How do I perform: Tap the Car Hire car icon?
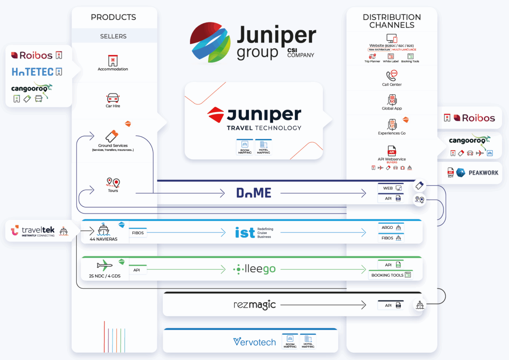(113, 98)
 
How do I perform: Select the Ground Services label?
(113, 146)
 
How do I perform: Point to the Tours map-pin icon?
(113, 183)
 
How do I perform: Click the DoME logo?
(254, 193)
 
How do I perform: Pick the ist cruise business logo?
(254, 233)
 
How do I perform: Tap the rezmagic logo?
(255, 305)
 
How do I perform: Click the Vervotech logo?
(255, 342)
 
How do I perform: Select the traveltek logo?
(33, 231)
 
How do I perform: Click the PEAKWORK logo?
(477, 172)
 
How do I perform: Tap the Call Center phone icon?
(392, 76)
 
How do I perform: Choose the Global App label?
(392, 108)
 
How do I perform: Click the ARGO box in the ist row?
(391, 228)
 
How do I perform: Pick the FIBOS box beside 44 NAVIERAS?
(138, 233)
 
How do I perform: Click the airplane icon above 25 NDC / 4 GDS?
(104, 266)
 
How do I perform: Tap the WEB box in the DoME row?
(391, 188)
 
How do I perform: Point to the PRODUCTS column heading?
(113, 17)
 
